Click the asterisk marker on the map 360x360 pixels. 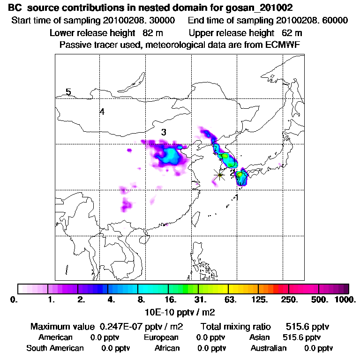pos(219,175)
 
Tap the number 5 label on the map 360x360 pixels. pos(68,92)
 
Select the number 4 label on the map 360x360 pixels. pos(102,112)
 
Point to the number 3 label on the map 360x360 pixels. pos(164,132)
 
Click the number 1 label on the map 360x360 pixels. pos(237,197)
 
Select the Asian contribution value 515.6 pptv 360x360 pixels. pos(302,337)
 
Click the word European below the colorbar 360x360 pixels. pos(161,337)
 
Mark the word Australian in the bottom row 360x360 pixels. pos(269,348)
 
